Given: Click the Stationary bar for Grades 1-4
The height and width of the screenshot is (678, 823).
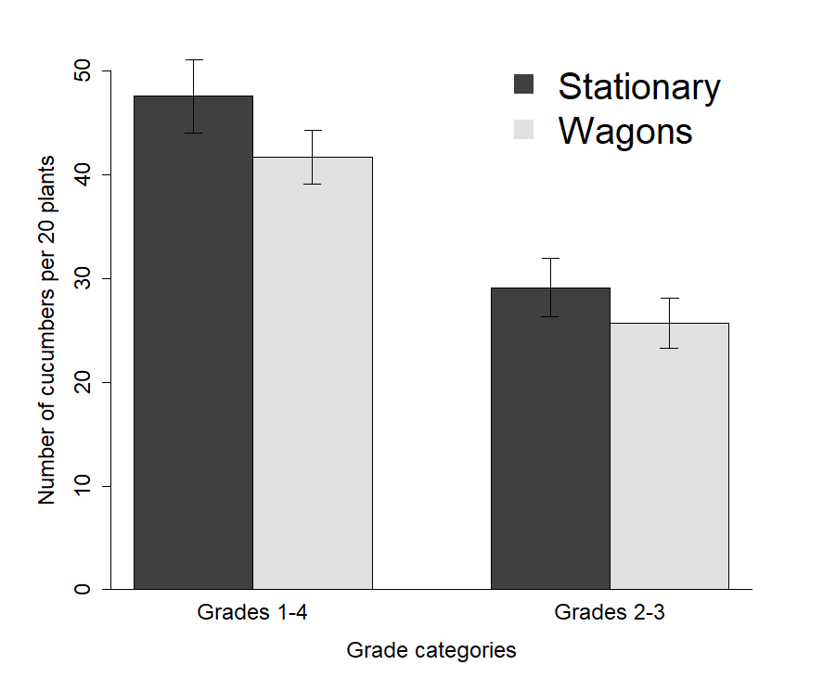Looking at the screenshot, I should pyautogui.click(x=193, y=343).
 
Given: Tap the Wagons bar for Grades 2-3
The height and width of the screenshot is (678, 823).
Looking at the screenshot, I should pyautogui.click(x=669, y=455).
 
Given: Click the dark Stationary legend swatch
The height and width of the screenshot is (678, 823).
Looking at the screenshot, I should pyautogui.click(x=524, y=84).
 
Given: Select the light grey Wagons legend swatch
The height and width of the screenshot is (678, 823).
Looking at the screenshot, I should pyautogui.click(x=524, y=130).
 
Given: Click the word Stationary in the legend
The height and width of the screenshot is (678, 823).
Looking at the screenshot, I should pyautogui.click(x=638, y=86).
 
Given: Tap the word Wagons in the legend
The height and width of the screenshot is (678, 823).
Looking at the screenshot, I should pyautogui.click(x=624, y=131).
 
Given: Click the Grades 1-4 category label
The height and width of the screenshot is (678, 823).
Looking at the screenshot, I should pyautogui.click(x=253, y=613).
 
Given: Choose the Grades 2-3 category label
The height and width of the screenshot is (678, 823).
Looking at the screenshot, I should pyautogui.click(x=610, y=613).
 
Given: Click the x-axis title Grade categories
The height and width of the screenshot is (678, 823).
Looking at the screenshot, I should pyautogui.click(x=431, y=650).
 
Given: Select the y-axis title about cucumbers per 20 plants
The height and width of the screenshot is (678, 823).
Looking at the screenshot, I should pyautogui.click(x=47, y=330).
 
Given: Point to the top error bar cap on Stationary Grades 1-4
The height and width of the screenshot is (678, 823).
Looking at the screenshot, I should pyautogui.click(x=193, y=59).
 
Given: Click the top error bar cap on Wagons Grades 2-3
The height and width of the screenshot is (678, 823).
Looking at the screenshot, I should pyautogui.click(x=669, y=298).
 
